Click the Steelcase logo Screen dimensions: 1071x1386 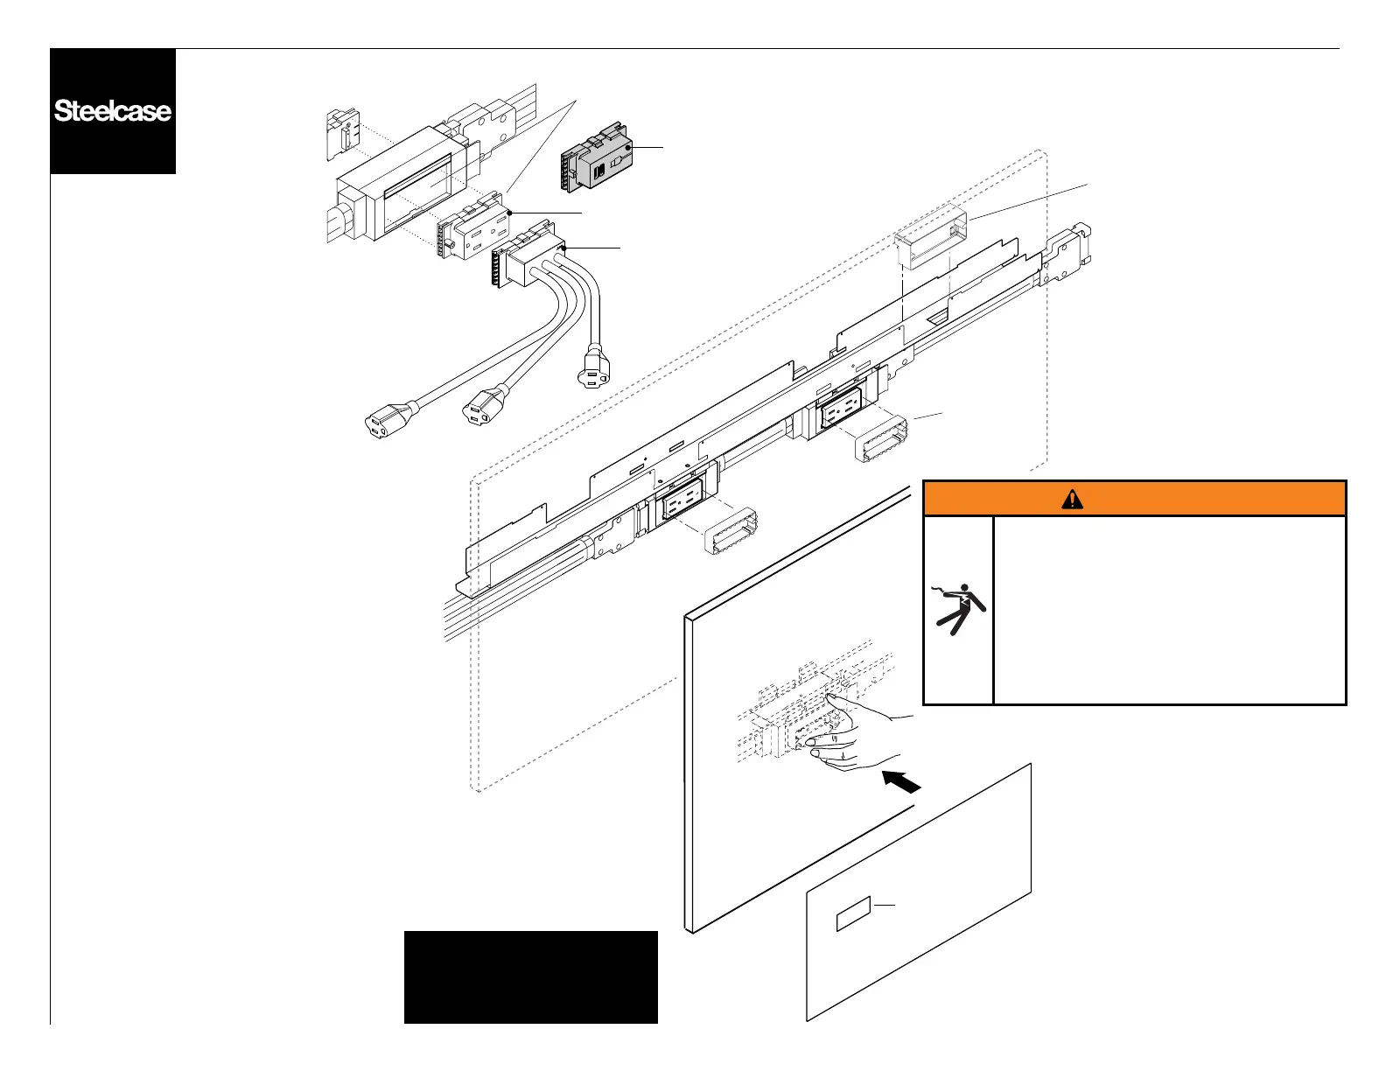(113, 111)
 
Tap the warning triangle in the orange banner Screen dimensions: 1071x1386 (1072, 499)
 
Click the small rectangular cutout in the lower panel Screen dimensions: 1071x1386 (853, 914)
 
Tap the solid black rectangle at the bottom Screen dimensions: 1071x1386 (530, 976)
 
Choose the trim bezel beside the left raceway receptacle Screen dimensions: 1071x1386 (730, 529)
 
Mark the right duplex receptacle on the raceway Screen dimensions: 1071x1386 (838, 406)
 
